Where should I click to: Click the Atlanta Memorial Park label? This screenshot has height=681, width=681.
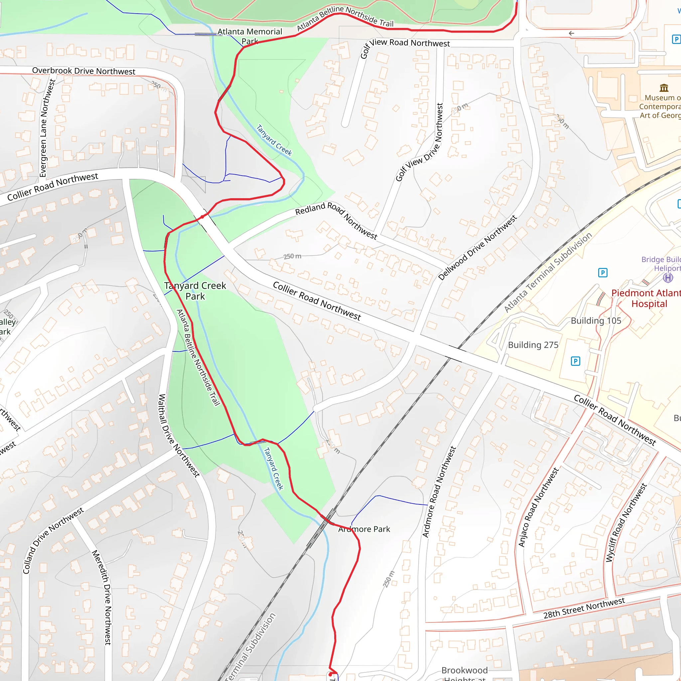(250, 36)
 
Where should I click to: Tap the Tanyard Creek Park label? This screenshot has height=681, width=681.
(195, 291)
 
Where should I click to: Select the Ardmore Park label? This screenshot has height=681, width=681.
(364, 529)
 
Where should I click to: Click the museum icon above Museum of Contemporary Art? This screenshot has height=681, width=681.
(664, 87)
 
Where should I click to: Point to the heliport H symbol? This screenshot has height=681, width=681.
(668, 278)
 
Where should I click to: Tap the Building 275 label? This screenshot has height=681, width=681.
(533, 345)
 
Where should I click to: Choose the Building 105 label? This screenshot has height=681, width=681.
(596, 321)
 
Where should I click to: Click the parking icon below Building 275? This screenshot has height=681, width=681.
(575, 361)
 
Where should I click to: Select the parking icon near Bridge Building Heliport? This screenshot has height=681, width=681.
(603, 272)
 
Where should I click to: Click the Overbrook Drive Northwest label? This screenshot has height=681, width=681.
(83, 71)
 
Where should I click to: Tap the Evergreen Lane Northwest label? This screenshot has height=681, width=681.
(47, 128)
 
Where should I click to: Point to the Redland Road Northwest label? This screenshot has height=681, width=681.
(336, 220)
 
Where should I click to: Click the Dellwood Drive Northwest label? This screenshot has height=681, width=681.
(477, 247)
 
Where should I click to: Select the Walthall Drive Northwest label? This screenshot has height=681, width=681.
(179, 436)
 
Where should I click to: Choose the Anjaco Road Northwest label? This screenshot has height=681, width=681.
(538, 507)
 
